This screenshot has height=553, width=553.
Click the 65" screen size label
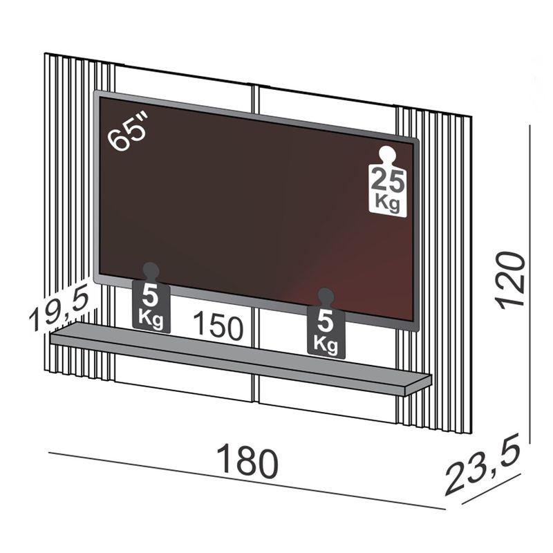[129, 132]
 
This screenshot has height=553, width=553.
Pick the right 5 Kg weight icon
[326, 326]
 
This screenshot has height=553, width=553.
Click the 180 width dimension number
[247, 461]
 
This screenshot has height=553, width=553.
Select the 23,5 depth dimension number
[482, 468]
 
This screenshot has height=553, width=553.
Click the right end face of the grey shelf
[418, 386]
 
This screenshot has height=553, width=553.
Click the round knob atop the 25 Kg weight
[386, 155]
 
